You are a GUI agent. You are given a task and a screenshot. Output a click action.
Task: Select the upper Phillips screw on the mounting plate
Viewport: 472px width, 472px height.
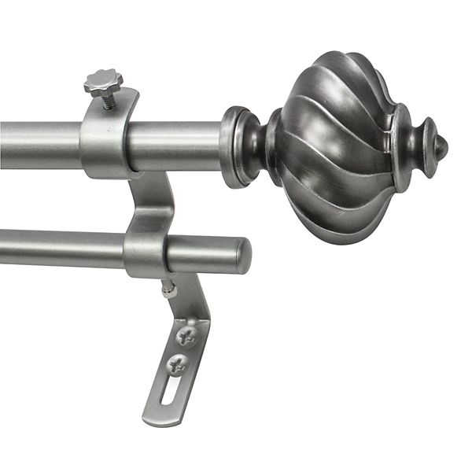coord(186,337)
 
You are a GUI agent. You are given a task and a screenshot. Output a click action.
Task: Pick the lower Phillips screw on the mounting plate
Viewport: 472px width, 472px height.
coord(179,365)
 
